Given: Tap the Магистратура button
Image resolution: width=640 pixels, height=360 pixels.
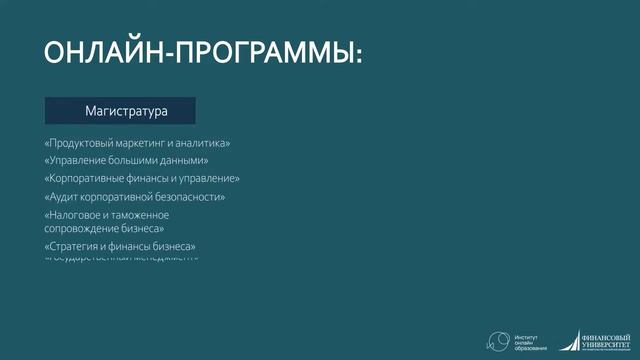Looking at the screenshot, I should pyautogui.click(x=120, y=110).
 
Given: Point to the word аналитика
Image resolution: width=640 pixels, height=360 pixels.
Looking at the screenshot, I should pyautogui.click(x=206, y=143).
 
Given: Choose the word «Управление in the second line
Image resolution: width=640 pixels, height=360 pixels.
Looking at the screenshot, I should pyautogui.click(x=76, y=161).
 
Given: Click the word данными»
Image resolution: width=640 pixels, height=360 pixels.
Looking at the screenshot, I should pyautogui.click(x=186, y=161).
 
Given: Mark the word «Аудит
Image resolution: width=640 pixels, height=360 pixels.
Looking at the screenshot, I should pyautogui.click(x=61, y=197).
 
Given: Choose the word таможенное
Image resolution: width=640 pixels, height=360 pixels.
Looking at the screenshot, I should pyautogui.click(x=138, y=215).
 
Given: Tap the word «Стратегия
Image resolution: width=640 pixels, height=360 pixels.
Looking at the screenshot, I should pyautogui.click(x=73, y=246).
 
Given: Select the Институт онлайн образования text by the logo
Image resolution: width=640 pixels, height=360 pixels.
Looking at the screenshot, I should pyautogui.click(x=530, y=341).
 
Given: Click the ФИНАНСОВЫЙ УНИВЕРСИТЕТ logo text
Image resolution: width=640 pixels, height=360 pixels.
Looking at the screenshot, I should pyautogui.click(x=607, y=340).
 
